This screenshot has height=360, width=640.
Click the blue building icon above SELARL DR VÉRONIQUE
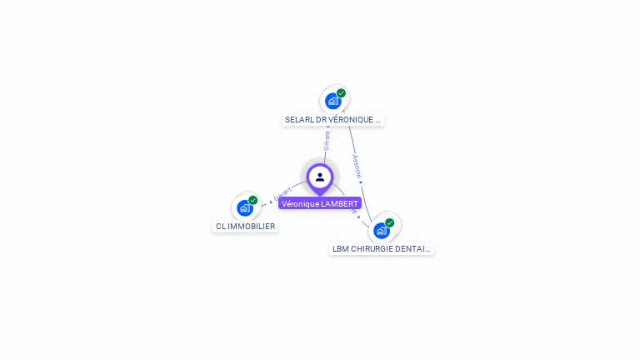click(333, 102)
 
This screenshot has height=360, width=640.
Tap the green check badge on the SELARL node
click(341, 93)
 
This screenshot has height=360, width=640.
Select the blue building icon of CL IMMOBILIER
click(245, 207)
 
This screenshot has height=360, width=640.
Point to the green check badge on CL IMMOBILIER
click(252, 200)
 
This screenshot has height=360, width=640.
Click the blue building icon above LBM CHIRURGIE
click(382, 230)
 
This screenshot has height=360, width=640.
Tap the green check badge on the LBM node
click(389, 222)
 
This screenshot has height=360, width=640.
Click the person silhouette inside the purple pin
click(320, 177)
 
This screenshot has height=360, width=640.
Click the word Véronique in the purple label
click(300, 203)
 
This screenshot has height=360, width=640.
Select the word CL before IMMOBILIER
click(221, 226)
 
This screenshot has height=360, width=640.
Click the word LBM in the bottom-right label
click(341, 248)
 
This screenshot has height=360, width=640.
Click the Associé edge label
click(357, 166)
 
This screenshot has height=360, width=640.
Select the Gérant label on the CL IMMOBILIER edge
click(282, 194)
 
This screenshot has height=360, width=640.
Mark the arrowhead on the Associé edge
click(361, 182)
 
